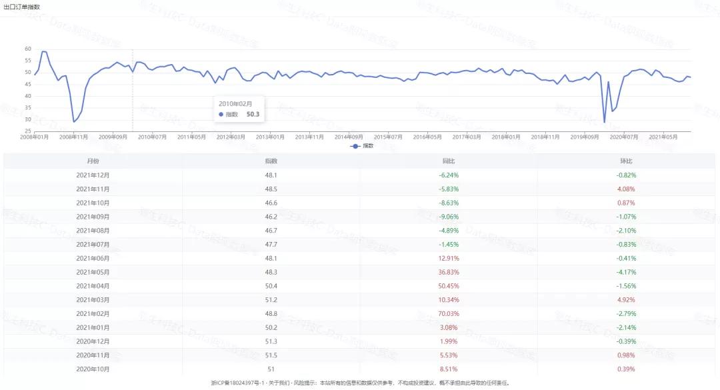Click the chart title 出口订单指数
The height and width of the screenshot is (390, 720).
tap(21, 7)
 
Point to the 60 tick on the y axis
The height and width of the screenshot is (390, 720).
tap(28, 49)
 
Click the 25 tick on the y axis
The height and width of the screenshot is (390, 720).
tap(28, 131)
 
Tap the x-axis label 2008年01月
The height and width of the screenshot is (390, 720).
tap(35, 137)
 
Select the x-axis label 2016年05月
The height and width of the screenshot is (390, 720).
tap(428, 137)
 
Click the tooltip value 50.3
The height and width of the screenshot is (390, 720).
tap(253, 115)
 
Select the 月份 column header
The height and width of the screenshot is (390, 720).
tap(93, 161)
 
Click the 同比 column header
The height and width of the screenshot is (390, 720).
tap(449, 161)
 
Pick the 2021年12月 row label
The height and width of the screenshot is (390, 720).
tap(93, 175)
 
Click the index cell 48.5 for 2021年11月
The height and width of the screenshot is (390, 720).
tap(271, 189)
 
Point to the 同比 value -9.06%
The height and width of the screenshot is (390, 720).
tap(449, 217)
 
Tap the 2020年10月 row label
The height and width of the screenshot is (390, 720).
tap(93, 369)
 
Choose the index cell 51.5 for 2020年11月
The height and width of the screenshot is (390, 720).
tap(271, 355)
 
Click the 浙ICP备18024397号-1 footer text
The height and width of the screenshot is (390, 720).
tap(239, 383)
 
